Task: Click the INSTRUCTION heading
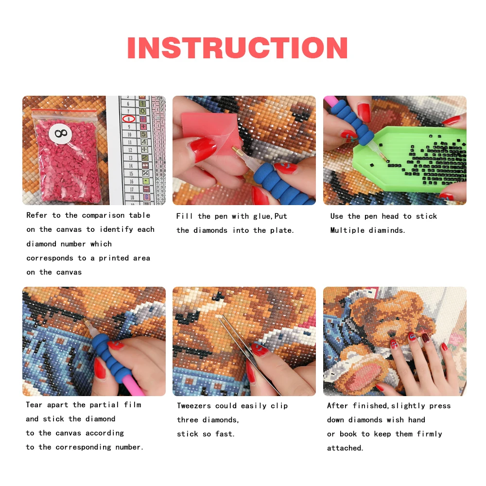[237, 48]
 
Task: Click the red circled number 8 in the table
[128, 119]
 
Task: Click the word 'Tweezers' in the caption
[195, 406]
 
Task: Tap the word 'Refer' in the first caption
[36, 215]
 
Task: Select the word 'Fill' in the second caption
[185, 216]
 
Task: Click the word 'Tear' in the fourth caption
[35, 405]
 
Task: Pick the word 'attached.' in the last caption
[345, 448]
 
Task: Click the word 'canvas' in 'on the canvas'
[68, 272]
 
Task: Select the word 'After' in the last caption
[338, 406]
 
